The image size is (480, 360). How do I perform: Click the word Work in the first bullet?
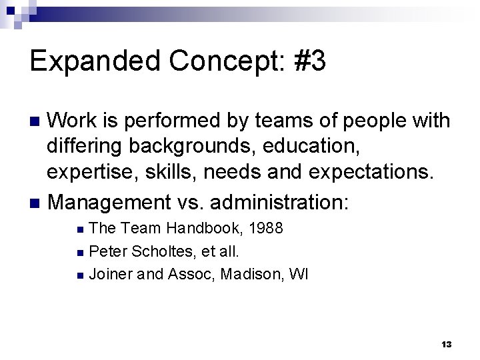click(x=75, y=121)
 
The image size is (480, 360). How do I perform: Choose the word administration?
click(x=289, y=201)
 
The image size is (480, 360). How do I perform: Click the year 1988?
click(x=265, y=229)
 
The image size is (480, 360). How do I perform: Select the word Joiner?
click(x=109, y=273)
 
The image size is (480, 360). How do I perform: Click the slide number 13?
click(x=446, y=345)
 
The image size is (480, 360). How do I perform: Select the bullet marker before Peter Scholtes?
click(x=80, y=252)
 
